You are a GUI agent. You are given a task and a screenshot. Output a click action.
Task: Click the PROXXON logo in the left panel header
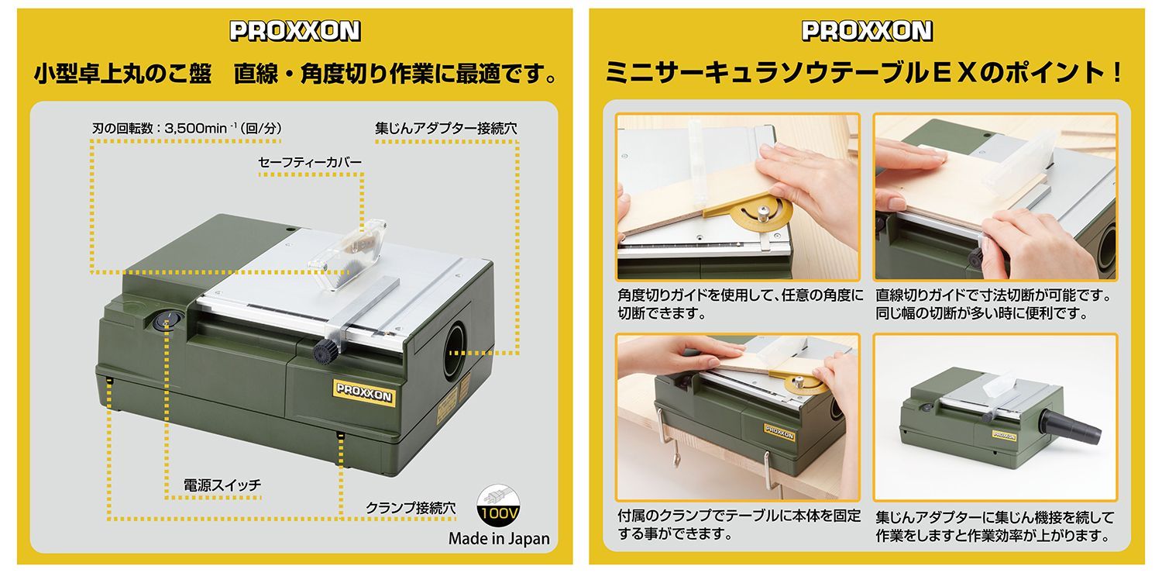295,31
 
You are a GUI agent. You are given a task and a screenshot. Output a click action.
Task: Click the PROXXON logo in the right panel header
867,31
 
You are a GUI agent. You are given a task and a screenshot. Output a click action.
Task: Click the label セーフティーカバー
310,163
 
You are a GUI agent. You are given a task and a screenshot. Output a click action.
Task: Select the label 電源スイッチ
222,485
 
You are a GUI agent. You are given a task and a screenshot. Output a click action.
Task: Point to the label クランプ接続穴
411,508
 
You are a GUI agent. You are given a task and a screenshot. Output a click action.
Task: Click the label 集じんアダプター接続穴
446,128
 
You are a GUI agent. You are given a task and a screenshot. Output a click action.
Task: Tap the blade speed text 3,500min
196,128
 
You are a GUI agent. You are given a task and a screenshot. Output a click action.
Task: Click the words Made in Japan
499,539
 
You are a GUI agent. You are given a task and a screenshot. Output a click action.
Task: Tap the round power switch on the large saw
166,319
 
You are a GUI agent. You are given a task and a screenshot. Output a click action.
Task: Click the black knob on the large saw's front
325,352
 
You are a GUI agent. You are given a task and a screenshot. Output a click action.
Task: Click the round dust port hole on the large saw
455,351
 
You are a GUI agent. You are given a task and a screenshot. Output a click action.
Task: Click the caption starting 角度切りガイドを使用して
740,304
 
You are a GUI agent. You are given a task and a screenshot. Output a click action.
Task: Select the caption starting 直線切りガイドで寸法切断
993,304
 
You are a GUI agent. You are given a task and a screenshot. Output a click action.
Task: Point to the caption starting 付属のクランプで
739,525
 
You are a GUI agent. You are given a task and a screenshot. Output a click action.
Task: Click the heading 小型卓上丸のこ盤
123,74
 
